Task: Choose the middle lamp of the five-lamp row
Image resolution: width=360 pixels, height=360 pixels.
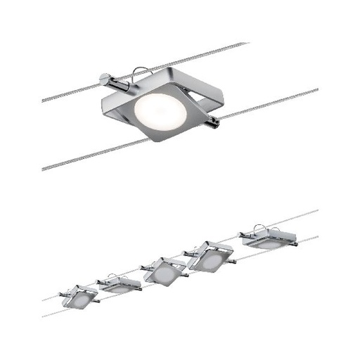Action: coord(165,271)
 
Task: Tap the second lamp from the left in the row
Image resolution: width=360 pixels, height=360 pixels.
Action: coord(120,284)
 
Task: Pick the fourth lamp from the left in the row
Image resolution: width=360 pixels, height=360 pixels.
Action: coord(210,256)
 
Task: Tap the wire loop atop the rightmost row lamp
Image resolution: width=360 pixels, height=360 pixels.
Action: coord(257,227)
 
